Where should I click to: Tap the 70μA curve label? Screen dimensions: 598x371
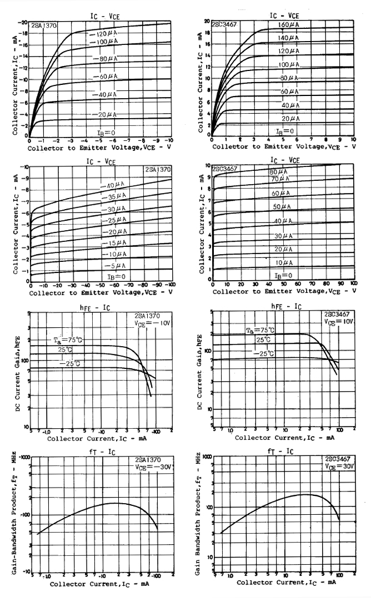280,179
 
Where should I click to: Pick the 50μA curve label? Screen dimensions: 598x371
282,206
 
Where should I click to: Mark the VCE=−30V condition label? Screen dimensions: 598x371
154,467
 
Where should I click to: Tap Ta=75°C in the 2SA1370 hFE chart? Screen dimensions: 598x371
64,339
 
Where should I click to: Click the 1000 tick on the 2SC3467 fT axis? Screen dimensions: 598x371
208,457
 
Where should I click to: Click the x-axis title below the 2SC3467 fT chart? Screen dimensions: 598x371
286,582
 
